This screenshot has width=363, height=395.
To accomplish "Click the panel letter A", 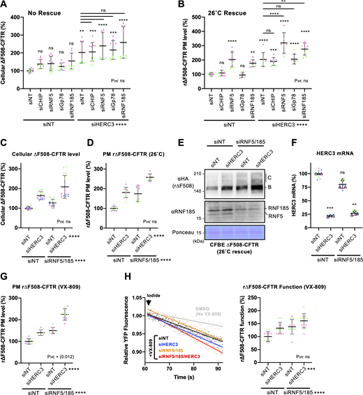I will [x=5, y=6].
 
